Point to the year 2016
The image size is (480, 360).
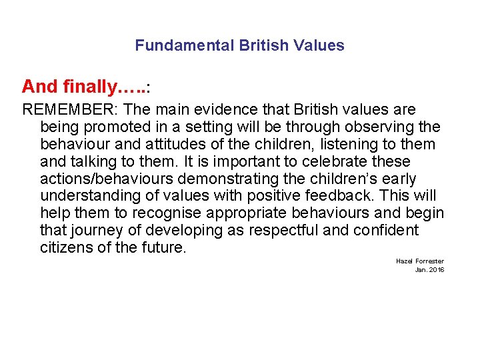pos(437,270)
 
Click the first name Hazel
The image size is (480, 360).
pos(403,261)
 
